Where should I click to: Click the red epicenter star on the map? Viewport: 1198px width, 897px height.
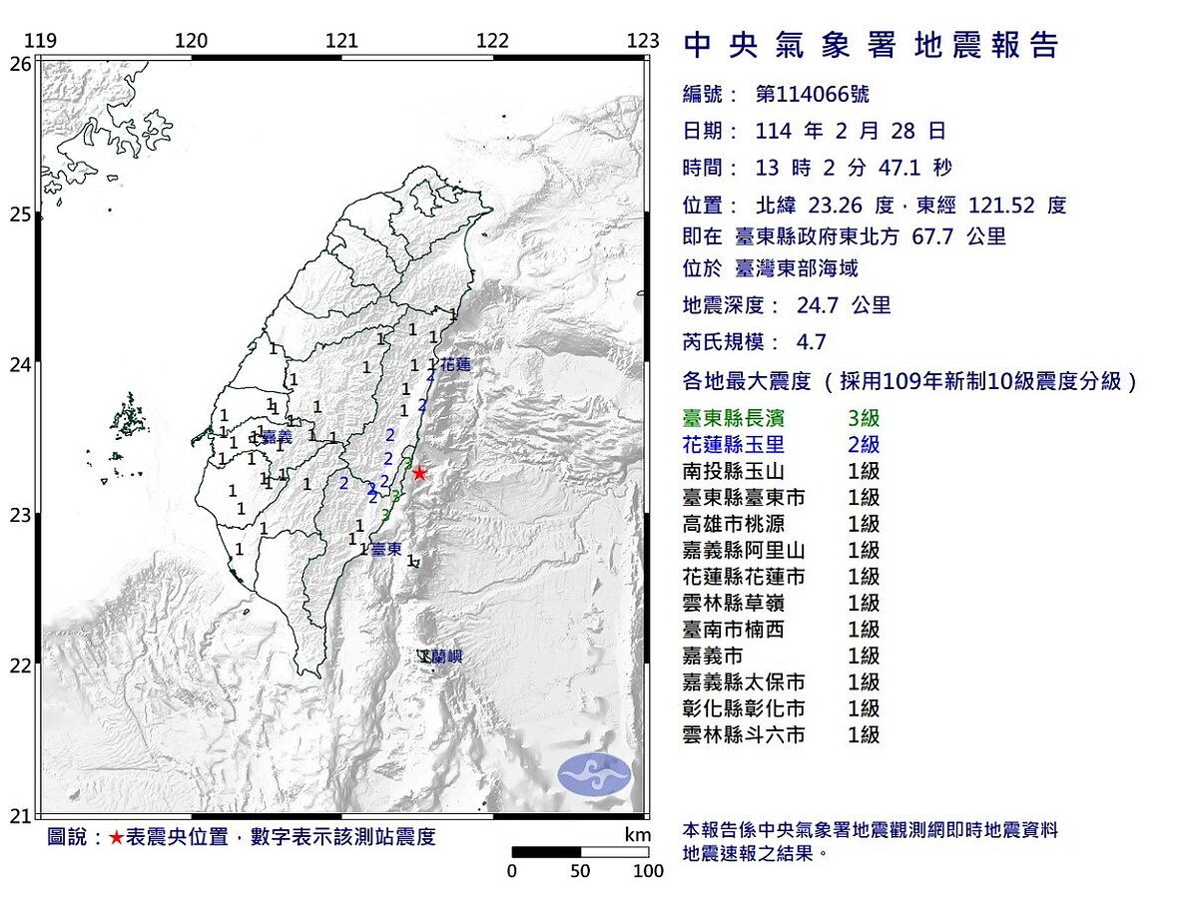[x=419, y=473]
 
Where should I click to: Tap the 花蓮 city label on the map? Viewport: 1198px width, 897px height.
[x=454, y=365]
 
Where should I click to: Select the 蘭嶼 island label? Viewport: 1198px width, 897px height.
[x=446, y=657]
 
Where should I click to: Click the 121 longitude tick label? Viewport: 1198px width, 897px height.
[x=342, y=41]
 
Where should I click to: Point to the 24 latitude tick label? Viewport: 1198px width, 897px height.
[x=20, y=364]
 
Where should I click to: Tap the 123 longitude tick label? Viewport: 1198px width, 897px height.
[x=644, y=41]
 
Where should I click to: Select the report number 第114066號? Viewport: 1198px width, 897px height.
[x=812, y=95]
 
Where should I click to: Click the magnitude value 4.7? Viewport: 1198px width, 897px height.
[x=812, y=342]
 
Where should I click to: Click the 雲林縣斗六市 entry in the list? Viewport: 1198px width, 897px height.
[x=743, y=735]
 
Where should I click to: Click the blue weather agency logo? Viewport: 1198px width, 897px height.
[x=594, y=774]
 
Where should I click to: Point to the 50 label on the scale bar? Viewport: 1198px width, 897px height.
[x=581, y=871]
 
